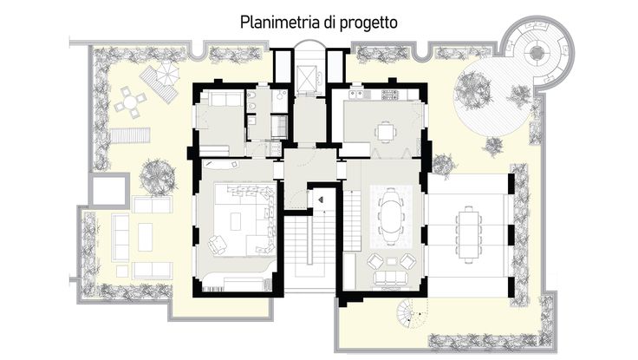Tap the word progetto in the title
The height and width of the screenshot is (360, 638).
[x=368, y=23]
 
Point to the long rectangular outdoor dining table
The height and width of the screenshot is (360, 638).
[x=468, y=234]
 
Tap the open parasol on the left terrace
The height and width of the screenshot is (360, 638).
[x=167, y=73]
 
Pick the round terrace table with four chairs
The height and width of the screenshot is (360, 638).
[x=130, y=101]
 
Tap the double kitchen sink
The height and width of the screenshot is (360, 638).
[x=356, y=95]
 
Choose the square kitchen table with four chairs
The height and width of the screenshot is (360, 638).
[x=386, y=132]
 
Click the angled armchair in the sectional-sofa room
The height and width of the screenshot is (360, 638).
[x=218, y=245]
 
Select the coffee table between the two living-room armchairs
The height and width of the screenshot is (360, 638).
[x=391, y=261]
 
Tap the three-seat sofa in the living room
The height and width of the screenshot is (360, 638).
[x=391, y=278]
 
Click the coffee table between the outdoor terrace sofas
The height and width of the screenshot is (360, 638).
[x=145, y=237]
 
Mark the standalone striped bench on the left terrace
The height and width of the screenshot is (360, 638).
[x=130, y=135]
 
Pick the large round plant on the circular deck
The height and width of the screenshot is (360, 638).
[x=472, y=90]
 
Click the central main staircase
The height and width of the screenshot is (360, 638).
[x=310, y=252]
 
